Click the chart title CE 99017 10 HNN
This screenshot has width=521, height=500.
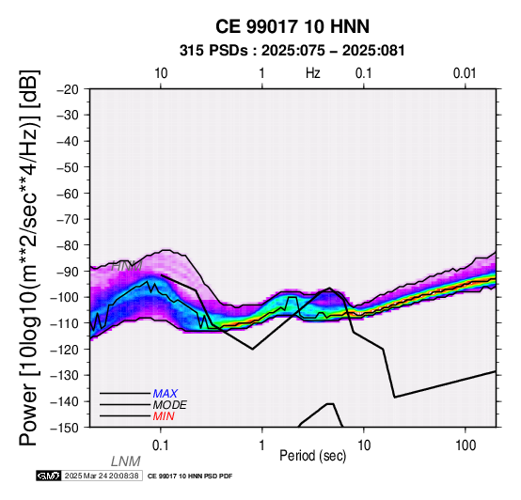point(292,26)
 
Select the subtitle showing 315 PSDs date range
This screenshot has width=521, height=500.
point(292,51)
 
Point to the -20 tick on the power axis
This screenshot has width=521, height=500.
point(68,89)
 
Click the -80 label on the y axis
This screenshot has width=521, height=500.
point(68,245)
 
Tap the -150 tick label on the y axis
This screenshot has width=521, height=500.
point(65,428)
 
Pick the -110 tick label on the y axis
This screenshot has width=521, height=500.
point(65,323)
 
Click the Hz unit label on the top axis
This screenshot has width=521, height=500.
point(313,73)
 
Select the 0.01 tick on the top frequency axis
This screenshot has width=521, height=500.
point(465,73)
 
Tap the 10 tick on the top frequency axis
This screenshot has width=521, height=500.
point(161,73)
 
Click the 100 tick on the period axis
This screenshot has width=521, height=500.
point(466,445)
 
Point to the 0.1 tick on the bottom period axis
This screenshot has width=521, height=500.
point(161,445)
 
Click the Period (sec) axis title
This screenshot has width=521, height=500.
point(313,456)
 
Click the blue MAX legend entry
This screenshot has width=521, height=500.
point(166,394)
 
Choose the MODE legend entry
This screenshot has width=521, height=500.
point(170,405)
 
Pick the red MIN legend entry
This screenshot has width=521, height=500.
point(164,416)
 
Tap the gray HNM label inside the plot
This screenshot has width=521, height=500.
point(127,266)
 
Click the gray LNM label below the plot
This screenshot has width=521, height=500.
point(126,461)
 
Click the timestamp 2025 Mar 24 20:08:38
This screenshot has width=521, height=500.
point(102,476)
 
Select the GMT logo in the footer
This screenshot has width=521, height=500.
point(49,476)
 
